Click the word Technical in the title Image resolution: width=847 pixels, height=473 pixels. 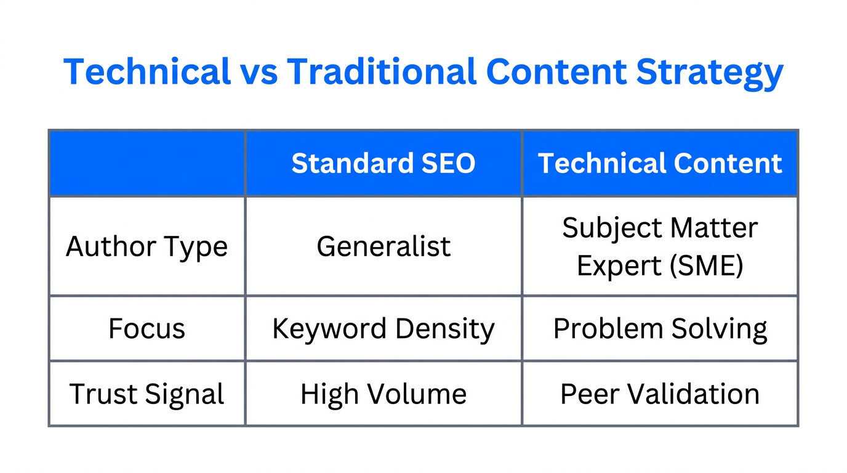pos(147,71)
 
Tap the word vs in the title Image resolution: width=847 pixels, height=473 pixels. pos(258,71)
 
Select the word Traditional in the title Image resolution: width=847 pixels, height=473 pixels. pos(382,71)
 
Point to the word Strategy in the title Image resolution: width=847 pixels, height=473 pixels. pos(709,73)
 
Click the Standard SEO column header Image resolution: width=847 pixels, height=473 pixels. pos(383,163)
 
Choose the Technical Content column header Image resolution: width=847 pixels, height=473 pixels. pos(660,163)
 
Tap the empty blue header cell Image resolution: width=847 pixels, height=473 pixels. pos(147,163)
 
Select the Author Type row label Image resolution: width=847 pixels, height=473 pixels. pos(147,246)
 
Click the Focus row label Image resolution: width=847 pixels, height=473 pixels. pos(147,328)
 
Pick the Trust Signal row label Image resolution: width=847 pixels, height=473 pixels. pos(147,394)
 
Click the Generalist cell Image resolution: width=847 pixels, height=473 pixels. pos(383,246)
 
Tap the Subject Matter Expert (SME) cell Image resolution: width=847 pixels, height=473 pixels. pos(660,246)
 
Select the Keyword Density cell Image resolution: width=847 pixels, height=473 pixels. pos(383,328)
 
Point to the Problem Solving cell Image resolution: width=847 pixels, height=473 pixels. pos(660,328)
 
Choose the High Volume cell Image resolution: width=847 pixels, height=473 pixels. pos(383,394)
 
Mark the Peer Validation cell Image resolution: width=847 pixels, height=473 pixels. pos(660,394)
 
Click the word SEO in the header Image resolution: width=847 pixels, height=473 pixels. pos(448,163)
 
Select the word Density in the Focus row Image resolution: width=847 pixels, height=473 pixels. pos(445,329)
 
